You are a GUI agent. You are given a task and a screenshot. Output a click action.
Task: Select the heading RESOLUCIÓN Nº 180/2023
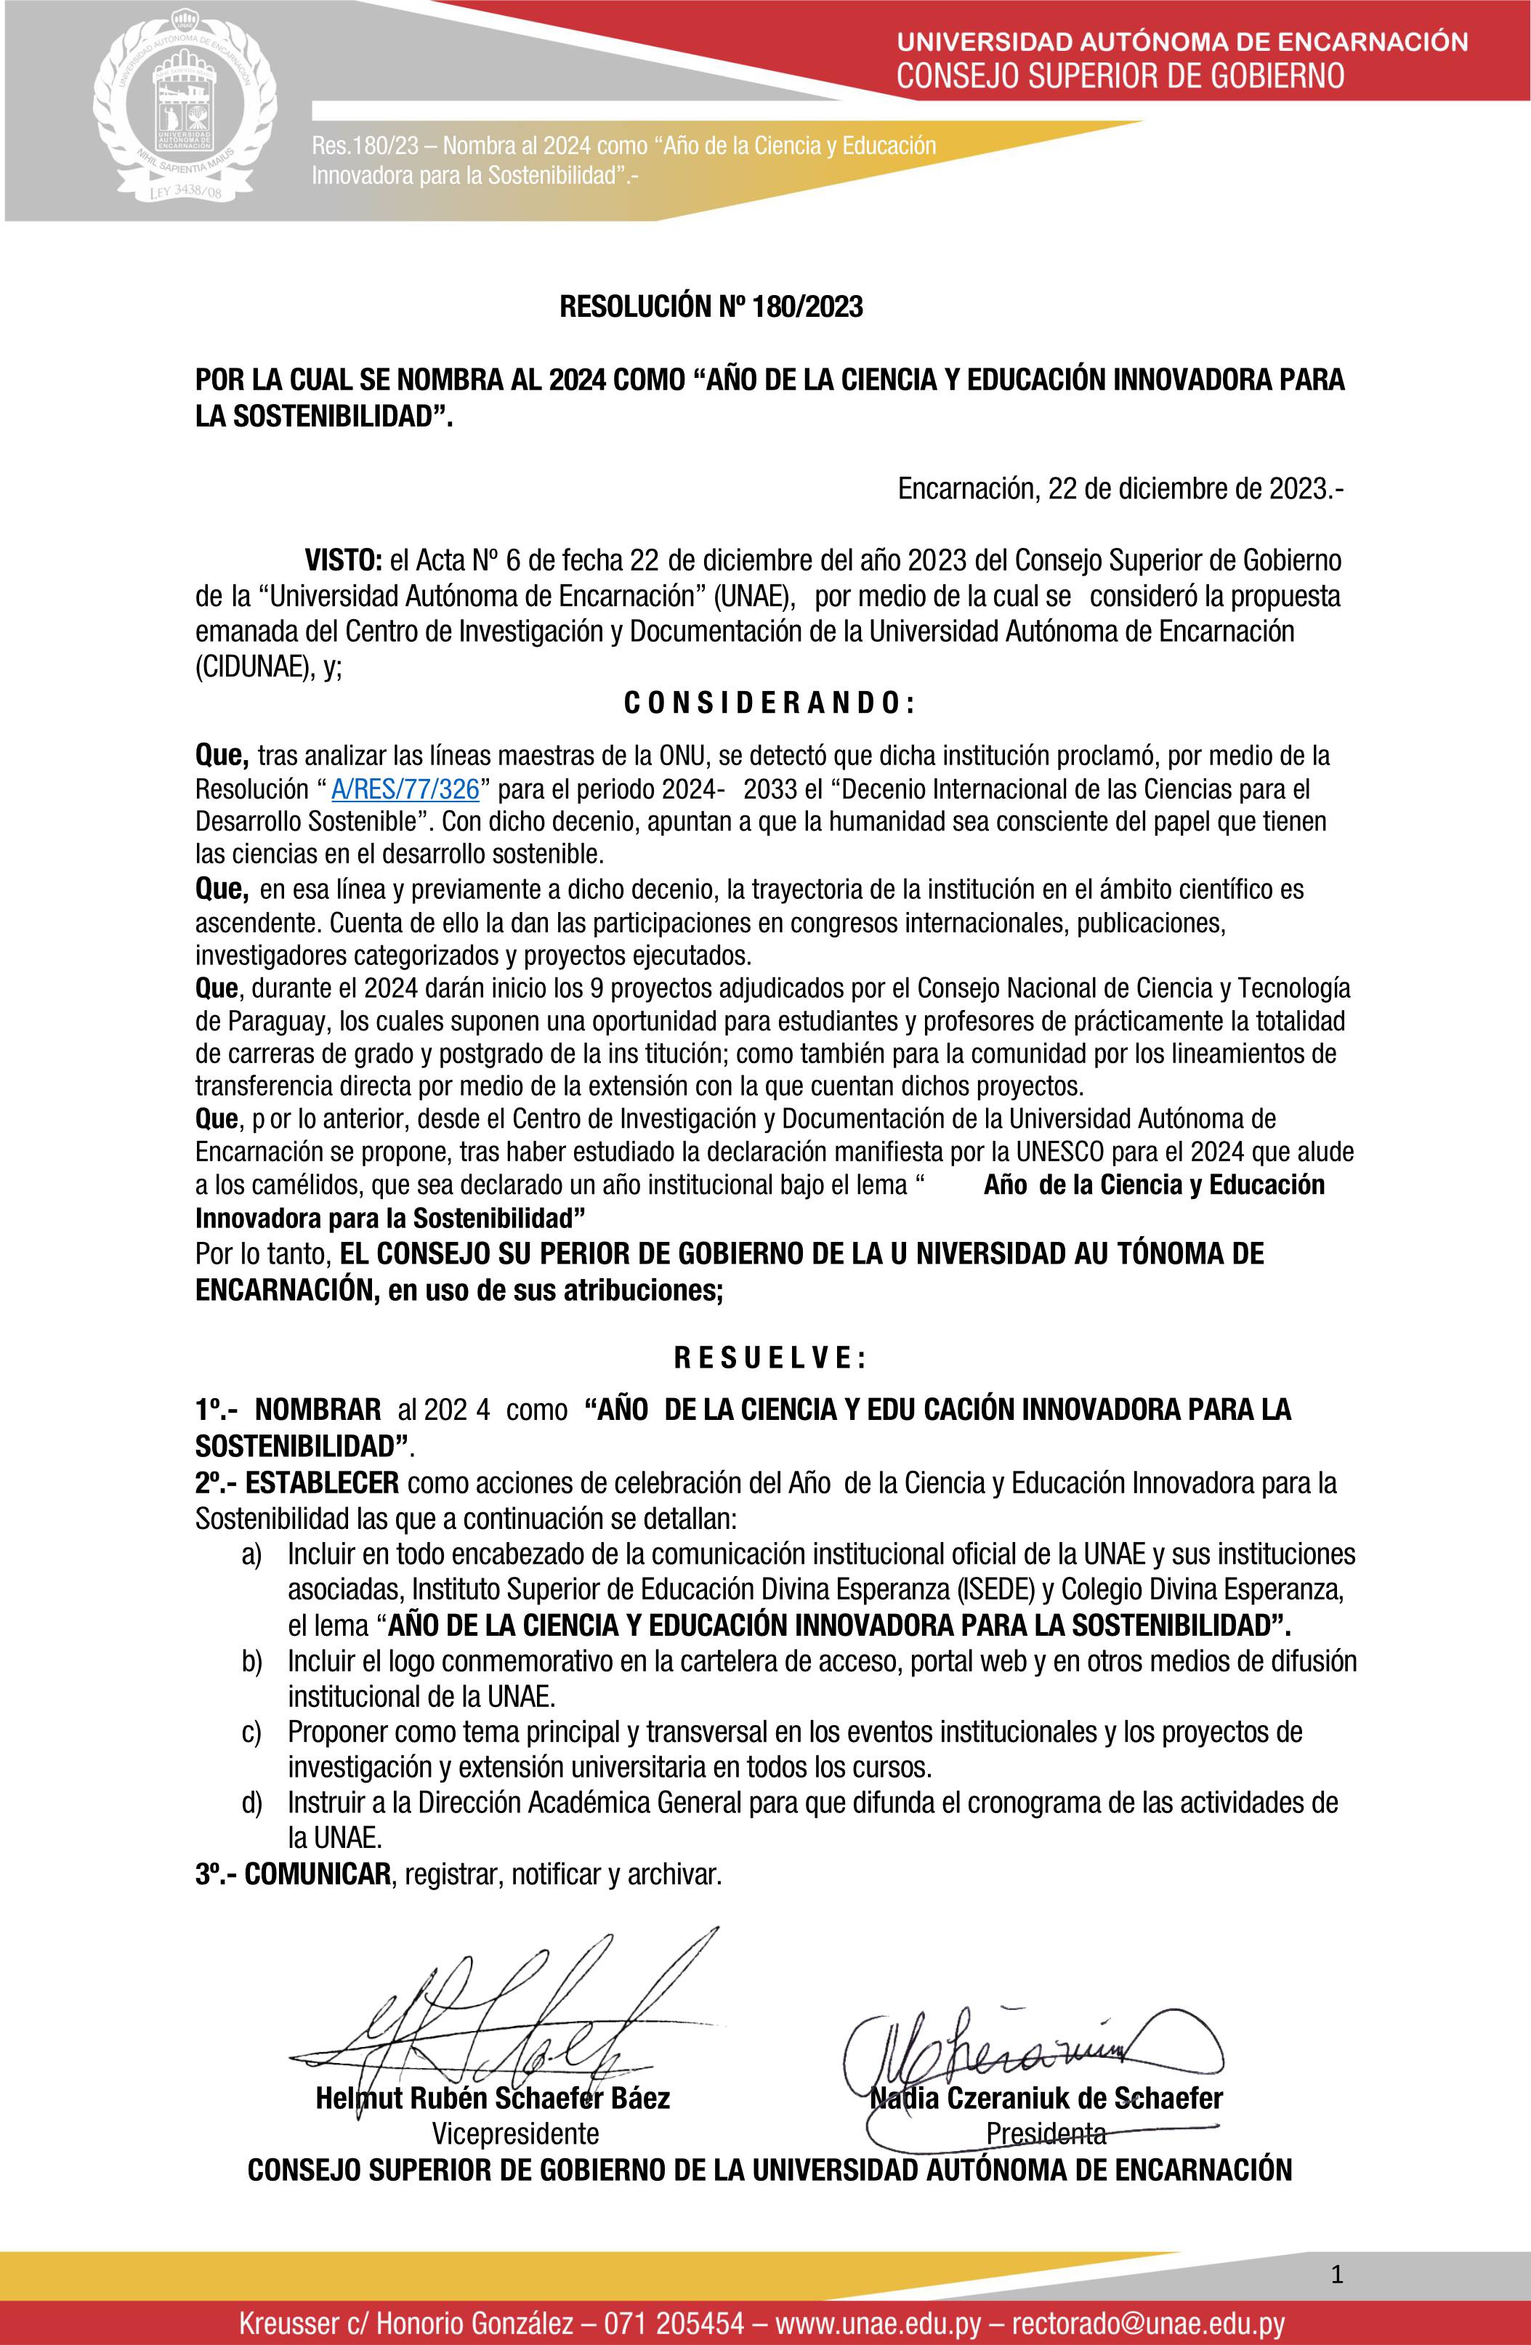(x=711, y=308)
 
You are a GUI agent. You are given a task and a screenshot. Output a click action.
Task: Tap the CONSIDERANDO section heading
(x=770, y=703)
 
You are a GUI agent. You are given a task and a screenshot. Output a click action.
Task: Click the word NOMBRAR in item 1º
(x=318, y=1410)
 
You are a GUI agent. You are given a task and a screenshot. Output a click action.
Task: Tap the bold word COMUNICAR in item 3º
(x=318, y=1874)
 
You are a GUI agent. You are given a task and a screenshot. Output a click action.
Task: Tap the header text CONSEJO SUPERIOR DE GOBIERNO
(x=1120, y=75)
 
